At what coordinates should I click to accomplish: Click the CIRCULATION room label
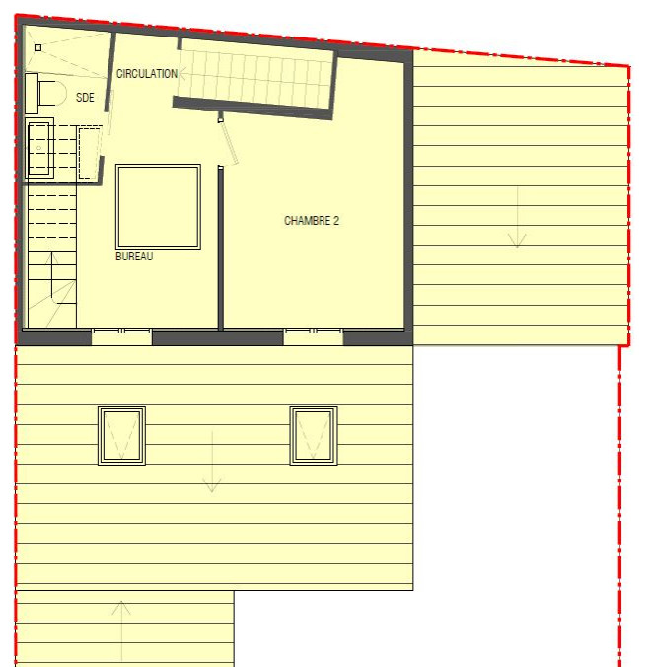[147, 74]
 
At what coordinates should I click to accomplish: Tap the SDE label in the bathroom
[85, 97]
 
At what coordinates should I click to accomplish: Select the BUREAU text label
[134, 257]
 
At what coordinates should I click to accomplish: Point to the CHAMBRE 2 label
[312, 220]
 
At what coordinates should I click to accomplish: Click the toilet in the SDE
[46, 93]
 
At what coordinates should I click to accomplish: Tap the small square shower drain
[37, 47]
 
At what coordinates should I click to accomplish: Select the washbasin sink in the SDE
[39, 148]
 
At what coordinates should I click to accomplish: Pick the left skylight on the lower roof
[121, 435]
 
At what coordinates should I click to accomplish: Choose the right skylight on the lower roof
[314, 435]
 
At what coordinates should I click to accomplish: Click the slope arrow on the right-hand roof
[517, 217]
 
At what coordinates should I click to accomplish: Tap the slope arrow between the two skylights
[212, 462]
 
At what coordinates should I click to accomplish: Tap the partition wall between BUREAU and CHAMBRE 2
[221, 248]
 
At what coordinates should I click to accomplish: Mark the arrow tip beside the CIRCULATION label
[180, 73]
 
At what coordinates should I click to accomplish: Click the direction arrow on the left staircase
[52, 276]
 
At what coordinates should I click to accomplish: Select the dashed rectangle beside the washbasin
[90, 152]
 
